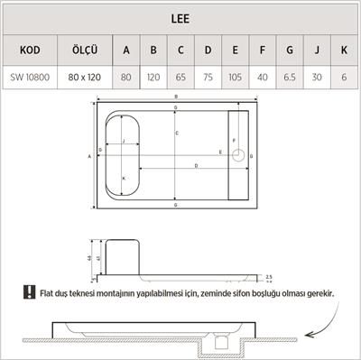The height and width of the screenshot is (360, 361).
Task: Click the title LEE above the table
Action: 180,16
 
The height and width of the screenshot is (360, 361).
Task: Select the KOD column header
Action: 30,49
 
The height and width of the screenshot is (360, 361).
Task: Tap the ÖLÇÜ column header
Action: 84,49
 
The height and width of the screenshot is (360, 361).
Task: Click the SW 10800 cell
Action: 30,78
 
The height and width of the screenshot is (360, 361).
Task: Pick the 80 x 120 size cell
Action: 84,78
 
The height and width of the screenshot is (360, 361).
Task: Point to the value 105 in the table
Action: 235,78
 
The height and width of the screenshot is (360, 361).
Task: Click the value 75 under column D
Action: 208,78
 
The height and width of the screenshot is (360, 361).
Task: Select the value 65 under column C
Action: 181,78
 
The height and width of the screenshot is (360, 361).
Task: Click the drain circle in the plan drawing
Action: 238,155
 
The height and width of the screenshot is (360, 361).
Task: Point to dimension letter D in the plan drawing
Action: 197,166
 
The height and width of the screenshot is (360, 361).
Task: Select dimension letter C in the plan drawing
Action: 177,133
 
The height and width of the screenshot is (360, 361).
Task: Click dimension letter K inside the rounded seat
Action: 123,179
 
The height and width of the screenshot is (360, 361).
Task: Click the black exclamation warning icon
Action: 31,293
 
